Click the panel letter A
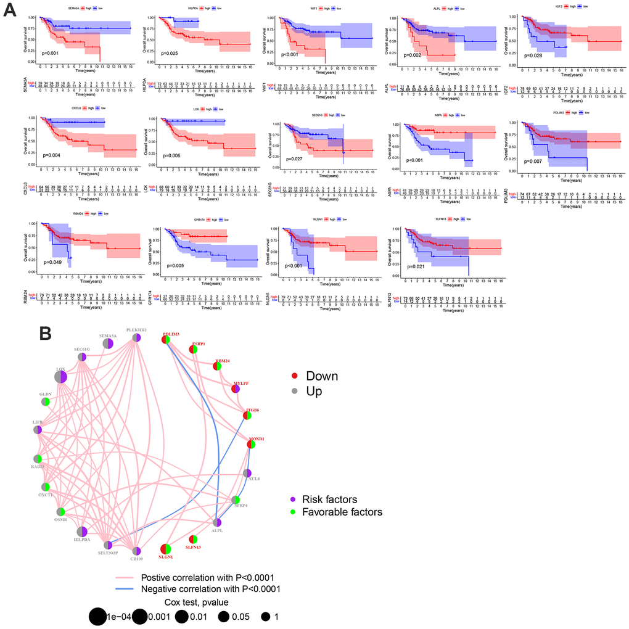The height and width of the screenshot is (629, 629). tap(10, 12)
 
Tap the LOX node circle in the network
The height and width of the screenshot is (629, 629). tap(60, 376)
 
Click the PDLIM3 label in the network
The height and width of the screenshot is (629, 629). tap(170, 334)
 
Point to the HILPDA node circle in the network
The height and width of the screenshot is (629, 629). tap(82, 532)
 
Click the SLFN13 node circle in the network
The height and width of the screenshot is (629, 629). tap(193, 540)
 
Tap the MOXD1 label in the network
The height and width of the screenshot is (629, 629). tap(256, 438)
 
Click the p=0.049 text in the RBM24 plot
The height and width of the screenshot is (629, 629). tap(54, 261)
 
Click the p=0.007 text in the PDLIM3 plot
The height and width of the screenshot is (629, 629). tap(535, 161)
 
